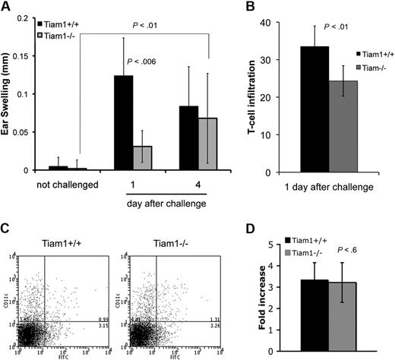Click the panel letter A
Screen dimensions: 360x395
(6, 7)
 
